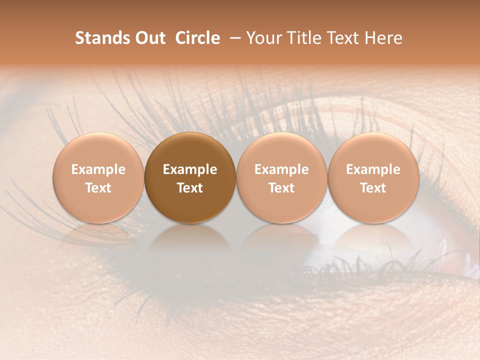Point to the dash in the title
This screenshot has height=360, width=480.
233,38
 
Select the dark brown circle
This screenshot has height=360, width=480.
190,178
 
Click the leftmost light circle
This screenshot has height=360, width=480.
98,178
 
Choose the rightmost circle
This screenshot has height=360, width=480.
373,178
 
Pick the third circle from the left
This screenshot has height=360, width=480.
281,178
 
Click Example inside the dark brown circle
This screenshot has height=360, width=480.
190,169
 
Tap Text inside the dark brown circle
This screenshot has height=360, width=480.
190,188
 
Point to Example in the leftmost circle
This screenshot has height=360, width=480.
98,169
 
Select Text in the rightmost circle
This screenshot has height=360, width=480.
373,188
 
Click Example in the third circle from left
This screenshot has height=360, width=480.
281,169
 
